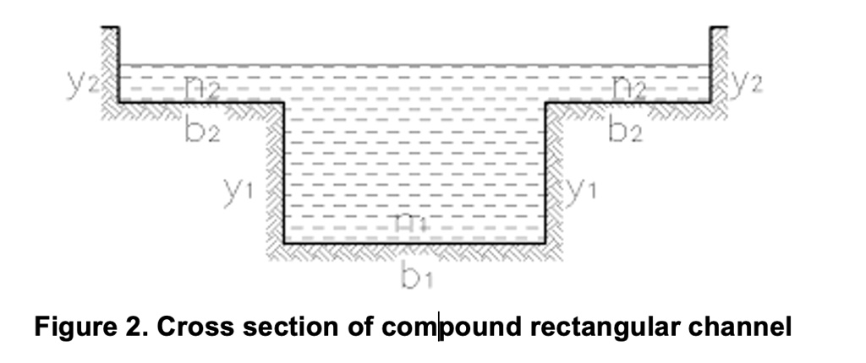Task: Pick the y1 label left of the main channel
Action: [x=238, y=190]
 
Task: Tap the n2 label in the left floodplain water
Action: [x=201, y=84]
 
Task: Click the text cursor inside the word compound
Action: [x=439, y=327]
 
